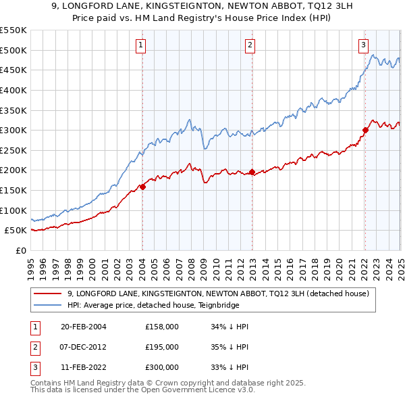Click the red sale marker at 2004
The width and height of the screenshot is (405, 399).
(142, 187)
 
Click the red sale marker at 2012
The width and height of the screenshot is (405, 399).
(252, 172)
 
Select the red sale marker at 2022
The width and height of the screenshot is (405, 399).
(365, 130)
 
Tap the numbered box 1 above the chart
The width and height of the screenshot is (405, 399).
(140, 45)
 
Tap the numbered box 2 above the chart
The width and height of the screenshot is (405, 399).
(249, 45)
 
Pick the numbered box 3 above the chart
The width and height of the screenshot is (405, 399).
(363, 45)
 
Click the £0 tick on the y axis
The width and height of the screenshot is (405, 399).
(21, 250)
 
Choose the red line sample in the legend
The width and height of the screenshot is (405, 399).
(47, 294)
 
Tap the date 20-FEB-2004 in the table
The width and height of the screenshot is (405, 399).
(83, 327)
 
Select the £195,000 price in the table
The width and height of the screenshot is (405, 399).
(162, 347)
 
